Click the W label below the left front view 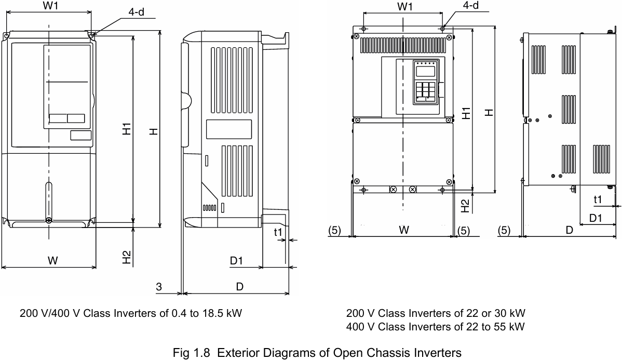(52, 261)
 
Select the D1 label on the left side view (236, 261)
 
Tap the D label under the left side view (239, 286)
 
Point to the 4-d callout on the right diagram (470, 5)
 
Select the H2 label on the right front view (466, 205)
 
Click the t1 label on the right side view (598, 199)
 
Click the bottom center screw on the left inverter (48, 221)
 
